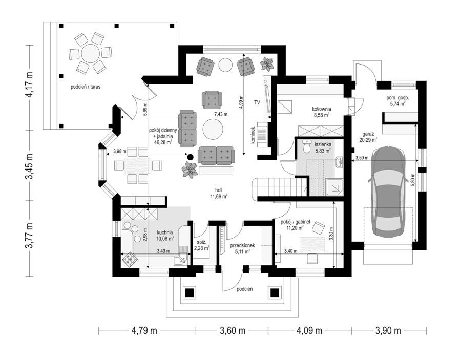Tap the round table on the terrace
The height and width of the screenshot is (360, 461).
coord(90,53)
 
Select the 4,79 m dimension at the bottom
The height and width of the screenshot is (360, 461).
coord(144,331)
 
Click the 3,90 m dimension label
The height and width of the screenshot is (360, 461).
coord(388,331)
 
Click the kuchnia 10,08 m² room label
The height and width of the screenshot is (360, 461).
coord(165,235)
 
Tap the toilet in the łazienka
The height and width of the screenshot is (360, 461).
coord(307,146)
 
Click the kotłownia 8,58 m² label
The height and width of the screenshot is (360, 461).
coord(322,112)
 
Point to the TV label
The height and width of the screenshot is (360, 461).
coord(257,102)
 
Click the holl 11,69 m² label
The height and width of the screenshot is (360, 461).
coord(218,194)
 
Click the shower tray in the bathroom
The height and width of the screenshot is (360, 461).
coord(334,186)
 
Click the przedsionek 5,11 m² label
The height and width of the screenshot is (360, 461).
coord(238,248)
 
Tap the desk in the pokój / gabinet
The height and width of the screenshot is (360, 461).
coord(313,245)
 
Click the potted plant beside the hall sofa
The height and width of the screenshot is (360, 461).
coord(190,170)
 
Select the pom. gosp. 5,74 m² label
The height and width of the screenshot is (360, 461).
coord(398,101)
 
